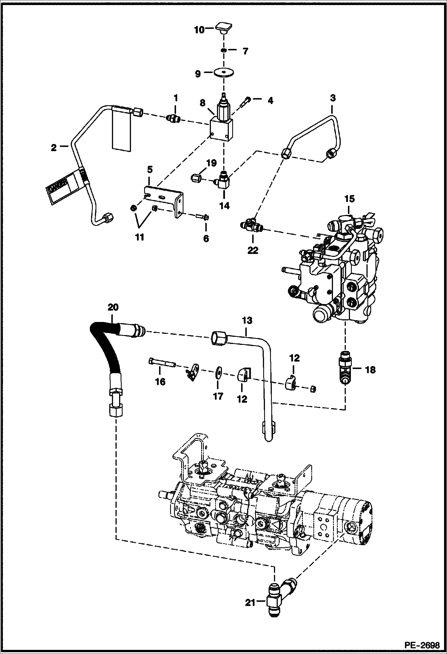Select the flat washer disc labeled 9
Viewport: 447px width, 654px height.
coord(223,73)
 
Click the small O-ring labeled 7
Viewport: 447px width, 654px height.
coord(224,51)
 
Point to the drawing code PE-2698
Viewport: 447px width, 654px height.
coord(423,645)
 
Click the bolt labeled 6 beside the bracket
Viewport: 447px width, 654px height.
coord(202,217)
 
